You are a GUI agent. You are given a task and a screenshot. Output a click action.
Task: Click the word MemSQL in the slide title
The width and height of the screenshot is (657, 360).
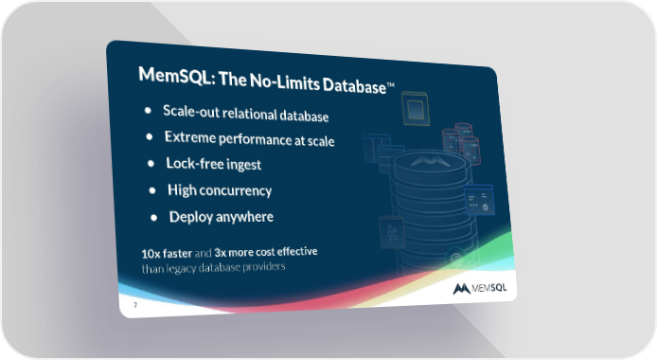pos(177,76)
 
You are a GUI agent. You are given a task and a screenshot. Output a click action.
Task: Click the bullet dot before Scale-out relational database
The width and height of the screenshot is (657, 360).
pos(148,111)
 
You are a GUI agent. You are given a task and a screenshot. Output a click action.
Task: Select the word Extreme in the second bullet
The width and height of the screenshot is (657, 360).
pos(189,137)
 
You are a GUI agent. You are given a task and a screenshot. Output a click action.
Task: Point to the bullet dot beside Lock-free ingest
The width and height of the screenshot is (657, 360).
pos(151,164)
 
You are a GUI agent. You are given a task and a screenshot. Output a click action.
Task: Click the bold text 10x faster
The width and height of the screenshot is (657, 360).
pos(167,254)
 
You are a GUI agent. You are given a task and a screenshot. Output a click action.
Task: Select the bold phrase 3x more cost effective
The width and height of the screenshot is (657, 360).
pos(266,252)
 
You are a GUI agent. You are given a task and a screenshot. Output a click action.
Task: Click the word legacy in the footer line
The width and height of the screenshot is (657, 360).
pos(182,268)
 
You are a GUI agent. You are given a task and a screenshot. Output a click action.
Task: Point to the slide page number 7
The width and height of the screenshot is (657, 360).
pos(135,305)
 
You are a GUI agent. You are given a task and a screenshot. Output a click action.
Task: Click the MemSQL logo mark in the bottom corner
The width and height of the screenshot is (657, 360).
pos(461,289)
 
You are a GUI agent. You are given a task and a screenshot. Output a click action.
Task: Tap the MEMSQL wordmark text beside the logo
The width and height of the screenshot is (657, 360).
pos(489,288)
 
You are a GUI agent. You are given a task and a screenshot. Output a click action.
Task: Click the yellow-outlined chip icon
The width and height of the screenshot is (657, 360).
pos(416,109)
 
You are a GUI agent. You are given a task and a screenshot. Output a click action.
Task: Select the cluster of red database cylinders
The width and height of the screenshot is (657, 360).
pos(461,142)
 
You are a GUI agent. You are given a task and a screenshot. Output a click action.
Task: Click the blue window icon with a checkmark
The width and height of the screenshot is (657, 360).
pos(479,200)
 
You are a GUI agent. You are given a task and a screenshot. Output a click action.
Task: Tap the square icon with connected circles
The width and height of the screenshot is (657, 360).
pos(392,232)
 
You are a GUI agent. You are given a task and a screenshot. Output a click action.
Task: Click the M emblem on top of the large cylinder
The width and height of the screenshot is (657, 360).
pos(431,161)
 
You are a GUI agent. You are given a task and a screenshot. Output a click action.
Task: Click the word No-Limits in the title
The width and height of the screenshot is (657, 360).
pos(285,81)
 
